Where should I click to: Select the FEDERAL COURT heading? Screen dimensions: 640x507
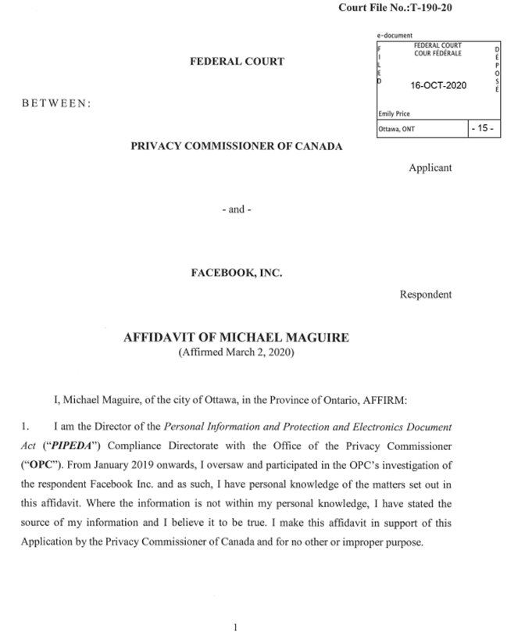click(x=237, y=61)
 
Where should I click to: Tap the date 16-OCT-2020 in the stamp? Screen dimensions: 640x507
click(x=438, y=84)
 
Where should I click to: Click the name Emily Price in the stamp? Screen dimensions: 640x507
click(x=394, y=113)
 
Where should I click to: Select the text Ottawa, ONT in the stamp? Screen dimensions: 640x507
click(x=396, y=130)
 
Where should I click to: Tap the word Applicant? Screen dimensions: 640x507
click(x=430, y=167)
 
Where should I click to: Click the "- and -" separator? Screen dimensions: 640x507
click(x=237, y=209)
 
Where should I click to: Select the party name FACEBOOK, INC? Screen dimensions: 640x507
click(x=237, y=273)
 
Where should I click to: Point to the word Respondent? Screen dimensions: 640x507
click(x=426, y=295)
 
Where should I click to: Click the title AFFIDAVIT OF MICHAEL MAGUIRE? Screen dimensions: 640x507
click(x=237, y=338)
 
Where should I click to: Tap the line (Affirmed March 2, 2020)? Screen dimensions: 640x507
click(x=237, y=352)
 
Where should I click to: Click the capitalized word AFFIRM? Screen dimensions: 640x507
click(x=398, y=400)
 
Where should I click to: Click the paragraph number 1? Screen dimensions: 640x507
click(x=25, y=428)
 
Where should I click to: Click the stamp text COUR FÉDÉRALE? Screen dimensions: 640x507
click(x=437, y=53)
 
